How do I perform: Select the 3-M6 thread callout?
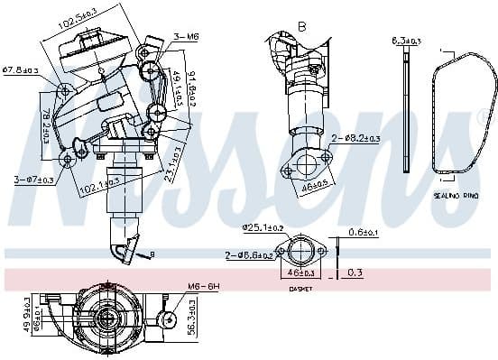click(187, 38)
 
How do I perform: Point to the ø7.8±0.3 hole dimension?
click(20, 69)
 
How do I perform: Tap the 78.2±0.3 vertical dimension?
click(45, 121)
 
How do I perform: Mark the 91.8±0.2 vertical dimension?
click(189, 88)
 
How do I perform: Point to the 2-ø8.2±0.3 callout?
click(356, 138)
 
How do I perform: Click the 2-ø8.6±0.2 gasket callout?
click(251, 256)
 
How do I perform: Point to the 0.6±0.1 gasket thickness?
click(364, 233)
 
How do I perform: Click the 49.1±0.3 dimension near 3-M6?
click(175, 83)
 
